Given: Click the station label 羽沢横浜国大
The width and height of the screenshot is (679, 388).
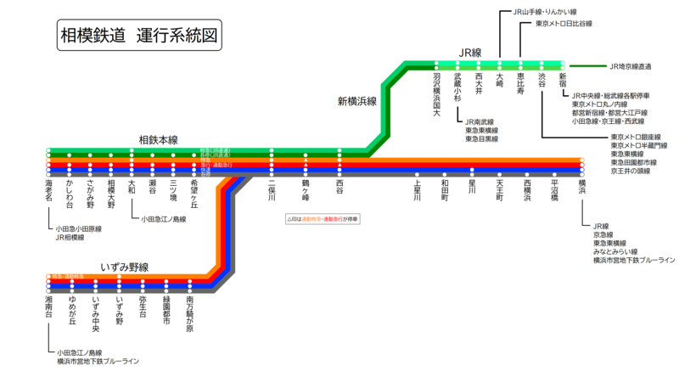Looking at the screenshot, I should pyautogui.click(x=436, y=94).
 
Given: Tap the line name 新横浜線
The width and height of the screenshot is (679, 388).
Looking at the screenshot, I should pyautogui.click(x=356, y=101).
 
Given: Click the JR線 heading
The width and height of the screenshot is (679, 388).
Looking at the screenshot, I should pyautogui.click(x=470, y=53).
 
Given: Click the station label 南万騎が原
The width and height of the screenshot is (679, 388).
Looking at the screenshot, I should pyautogui.click(x=189, y=313).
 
